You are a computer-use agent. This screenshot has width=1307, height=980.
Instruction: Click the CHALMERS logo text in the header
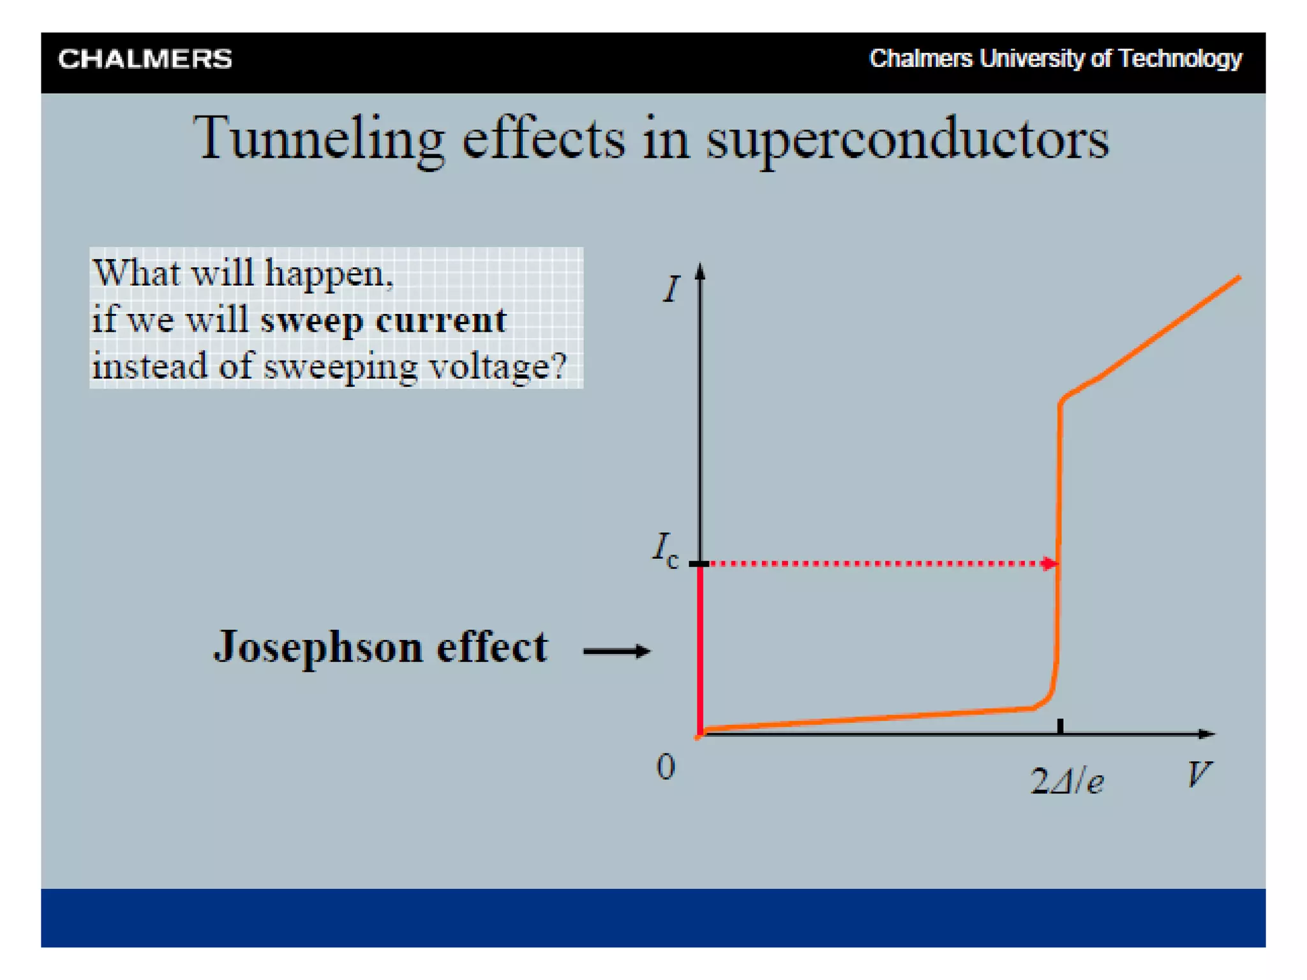click(x=145, y=59)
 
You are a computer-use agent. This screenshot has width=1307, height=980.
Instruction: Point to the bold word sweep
click(x=311, y=321)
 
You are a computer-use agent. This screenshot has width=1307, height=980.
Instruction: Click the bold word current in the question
click(x=441, y=320)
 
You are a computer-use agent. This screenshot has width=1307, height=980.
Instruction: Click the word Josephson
click(x=318, y=648)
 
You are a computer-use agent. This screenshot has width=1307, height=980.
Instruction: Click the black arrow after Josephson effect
click(x=616, y=651)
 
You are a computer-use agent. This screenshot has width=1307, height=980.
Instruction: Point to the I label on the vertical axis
click(x=671, y=289)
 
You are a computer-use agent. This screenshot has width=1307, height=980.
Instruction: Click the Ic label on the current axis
click(x=665, y=549)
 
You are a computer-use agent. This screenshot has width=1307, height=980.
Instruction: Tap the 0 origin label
click(x=665, y=766)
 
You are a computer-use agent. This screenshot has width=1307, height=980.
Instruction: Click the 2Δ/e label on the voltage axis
click(x=1066, y=781)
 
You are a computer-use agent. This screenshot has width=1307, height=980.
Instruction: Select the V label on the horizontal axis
click(x=1198, y=775)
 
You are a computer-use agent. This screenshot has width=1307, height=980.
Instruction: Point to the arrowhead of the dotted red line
click(x=1048, y=563)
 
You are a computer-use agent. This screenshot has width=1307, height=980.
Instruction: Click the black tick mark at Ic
click(x=699, y=564)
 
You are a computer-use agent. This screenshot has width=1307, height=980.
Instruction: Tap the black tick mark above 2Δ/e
click(x=1060, y=725)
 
